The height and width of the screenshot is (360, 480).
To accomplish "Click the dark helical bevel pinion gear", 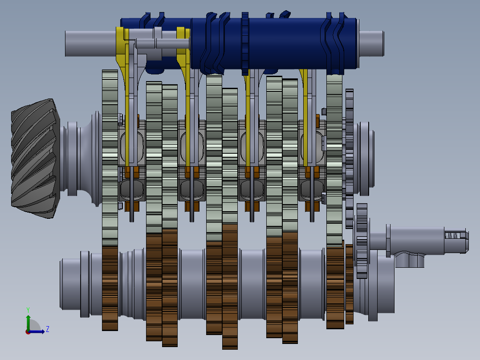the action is [35, 159].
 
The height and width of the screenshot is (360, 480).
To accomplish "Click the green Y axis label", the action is [28, 310].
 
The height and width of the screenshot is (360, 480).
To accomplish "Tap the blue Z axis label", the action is [48, 329].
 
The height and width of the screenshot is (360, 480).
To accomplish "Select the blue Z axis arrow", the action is [37, 331].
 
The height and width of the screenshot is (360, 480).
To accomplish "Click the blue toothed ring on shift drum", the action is [245, 44].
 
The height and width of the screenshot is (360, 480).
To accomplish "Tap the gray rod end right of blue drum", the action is [371, 43].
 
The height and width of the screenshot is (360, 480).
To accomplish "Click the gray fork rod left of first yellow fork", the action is [91, 43].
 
